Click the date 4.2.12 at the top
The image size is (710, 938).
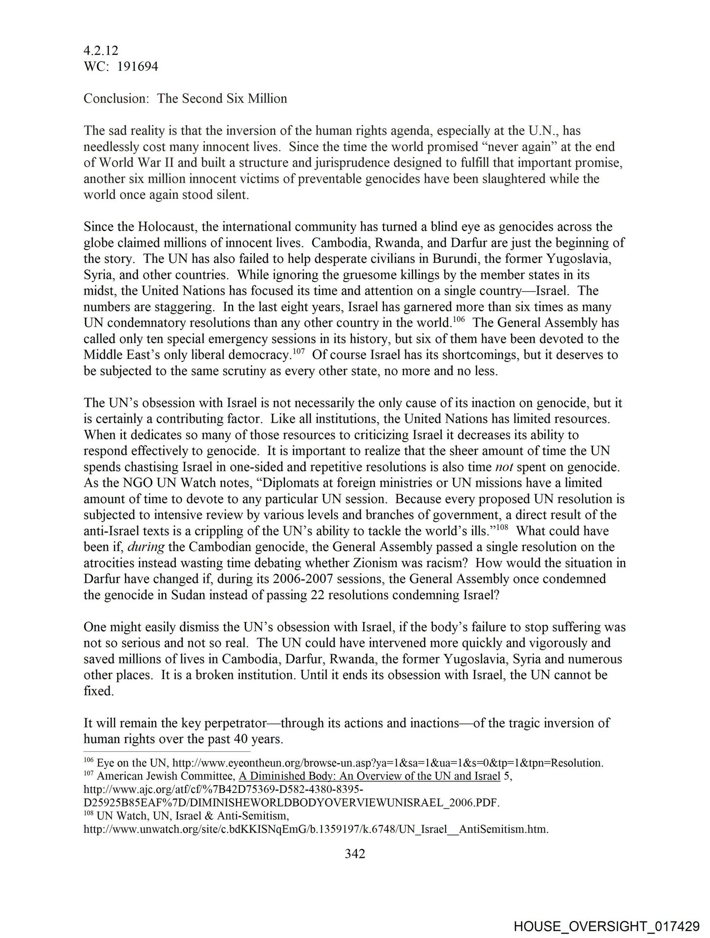pos(101,50)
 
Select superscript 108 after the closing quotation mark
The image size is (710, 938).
pos(502,527)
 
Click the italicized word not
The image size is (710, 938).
pos(504,467)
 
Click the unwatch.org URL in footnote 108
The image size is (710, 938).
pos(316,830)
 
